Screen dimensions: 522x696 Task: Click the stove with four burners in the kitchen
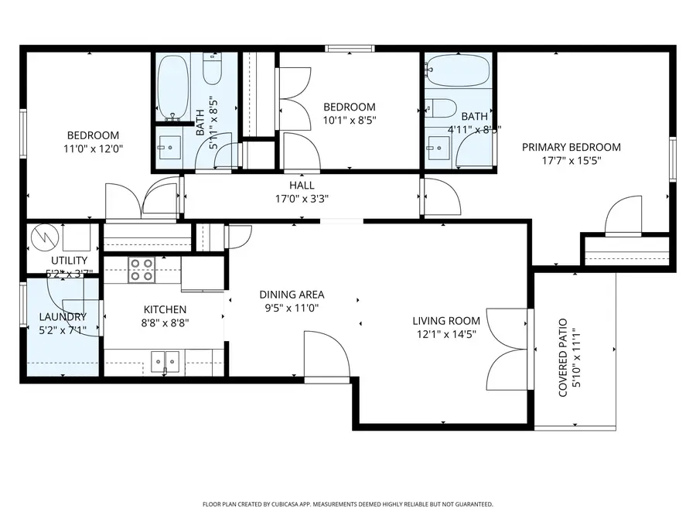pos(142,268)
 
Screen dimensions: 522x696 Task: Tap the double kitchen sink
pos(165,360)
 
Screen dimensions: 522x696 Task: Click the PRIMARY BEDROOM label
pos(571,147)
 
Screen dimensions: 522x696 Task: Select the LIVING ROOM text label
pos(445,321)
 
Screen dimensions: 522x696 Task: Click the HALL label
pos(302,186)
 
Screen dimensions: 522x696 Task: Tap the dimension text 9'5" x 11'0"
pos(292,308)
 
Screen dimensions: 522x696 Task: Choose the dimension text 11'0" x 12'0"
pos(93,148)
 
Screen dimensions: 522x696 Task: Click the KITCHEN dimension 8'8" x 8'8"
pos(163,323)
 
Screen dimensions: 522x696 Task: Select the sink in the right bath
pos(438,145)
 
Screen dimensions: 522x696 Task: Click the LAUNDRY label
pos(63,317)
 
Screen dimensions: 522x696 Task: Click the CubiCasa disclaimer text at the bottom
pos(347,504)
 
